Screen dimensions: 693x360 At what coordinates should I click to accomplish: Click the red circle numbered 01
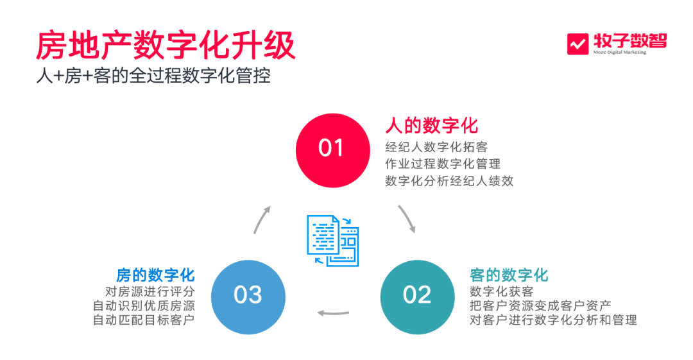tap(332, 150)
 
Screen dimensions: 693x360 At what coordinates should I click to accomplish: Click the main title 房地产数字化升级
tap(165, 46)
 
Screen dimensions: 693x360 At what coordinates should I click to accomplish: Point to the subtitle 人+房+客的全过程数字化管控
tap(153, 76)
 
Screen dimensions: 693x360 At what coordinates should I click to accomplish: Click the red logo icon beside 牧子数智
tap(578, 44)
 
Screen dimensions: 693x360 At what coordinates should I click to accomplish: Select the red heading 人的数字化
tap(431, 124)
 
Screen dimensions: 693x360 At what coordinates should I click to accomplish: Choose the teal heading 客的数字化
tap(509, 275)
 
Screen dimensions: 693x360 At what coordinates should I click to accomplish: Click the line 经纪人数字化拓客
tap(436, 147)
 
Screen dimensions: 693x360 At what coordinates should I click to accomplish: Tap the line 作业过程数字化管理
tap(443, 164)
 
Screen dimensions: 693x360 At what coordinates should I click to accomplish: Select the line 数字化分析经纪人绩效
tap(449, 181)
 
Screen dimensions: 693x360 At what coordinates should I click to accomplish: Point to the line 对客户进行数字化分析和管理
tap(553, 320)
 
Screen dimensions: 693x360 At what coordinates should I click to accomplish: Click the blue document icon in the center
tap(332, 240)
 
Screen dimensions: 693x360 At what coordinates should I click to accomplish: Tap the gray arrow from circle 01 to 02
tap(407, 218)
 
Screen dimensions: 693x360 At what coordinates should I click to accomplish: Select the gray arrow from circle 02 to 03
tap(334, 314)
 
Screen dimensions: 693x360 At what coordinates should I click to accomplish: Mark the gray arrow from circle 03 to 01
tap(262, 219)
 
